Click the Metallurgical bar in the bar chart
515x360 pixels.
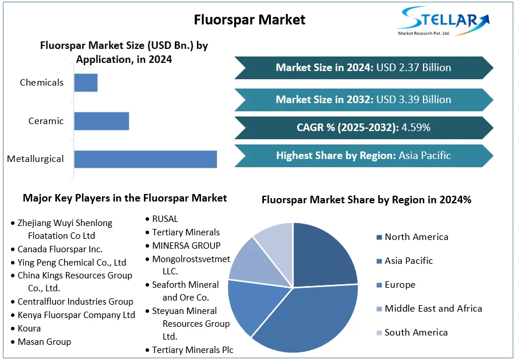[145, 159]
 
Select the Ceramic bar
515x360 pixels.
[101, 121]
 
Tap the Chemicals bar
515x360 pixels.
[86, 83]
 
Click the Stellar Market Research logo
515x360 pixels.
[443, 22]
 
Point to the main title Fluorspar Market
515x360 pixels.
[249, 19]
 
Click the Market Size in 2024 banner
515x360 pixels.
[364, 68]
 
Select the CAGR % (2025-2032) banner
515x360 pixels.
[364, 128]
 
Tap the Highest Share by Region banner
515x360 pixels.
[364, 156]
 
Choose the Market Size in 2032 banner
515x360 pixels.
[364, 100]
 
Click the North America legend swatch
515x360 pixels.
[379, 237]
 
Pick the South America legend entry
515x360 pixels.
[416, 333]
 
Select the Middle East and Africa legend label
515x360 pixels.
[433, 309]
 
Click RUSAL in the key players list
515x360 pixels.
[165, 219]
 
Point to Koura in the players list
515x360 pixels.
[29, 329]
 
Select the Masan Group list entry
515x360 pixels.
[44, 342]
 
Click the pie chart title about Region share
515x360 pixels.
[366, 200]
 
